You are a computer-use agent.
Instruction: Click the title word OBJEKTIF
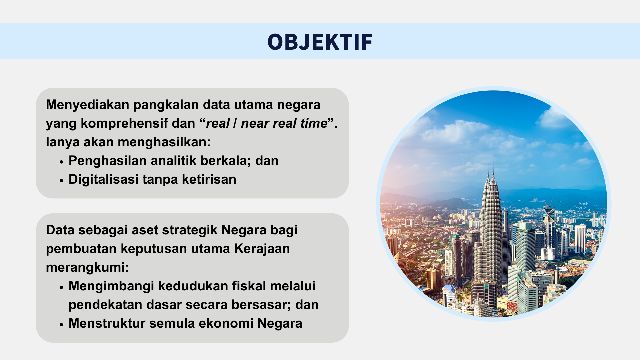tap(320, 42)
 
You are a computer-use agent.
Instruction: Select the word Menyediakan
tap(87, 105)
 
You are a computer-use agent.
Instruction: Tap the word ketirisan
tap(209, 179)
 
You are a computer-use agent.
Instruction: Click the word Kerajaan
tap(262, 249)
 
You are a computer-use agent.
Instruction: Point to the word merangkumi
tap(86, 268)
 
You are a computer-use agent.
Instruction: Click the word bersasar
tap(261, 305)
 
